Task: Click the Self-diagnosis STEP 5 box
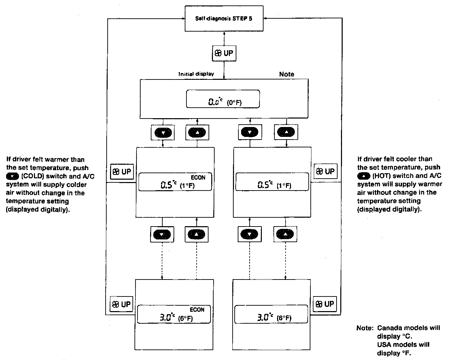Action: [224, 19]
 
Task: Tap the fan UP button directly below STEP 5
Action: [224, 53]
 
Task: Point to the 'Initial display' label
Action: [196, 74]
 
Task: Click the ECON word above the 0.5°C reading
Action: [198, 177]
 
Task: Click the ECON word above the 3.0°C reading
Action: [197, 309]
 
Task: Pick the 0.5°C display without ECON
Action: [272, 182]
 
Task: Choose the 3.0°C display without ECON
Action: [272, 314]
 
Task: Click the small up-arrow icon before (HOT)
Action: [363, 176]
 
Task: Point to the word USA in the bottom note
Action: [384, 345]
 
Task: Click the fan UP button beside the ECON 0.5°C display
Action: [122, 172]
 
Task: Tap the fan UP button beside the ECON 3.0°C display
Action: [121, 304]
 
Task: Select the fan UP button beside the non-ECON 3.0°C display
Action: [325, 304]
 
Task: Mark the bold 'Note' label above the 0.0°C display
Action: [286, 74]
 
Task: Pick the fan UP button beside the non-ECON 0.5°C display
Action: [325, 172]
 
